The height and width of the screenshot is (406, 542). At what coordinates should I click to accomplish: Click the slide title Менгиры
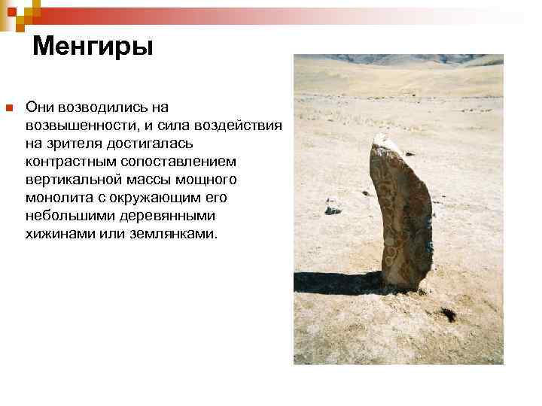pos(93,47)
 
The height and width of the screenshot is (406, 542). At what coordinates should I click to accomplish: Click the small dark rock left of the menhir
pos(332,211)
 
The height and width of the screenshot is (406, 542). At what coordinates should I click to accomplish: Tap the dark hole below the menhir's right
pos(449,315)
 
